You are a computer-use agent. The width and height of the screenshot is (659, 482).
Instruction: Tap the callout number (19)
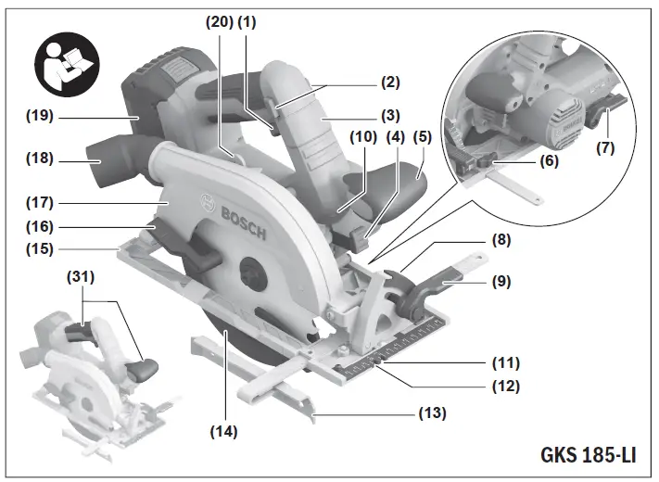41,117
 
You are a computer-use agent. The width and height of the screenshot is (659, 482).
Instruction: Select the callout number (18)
41,159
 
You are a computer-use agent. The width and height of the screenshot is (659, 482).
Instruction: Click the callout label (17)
41,202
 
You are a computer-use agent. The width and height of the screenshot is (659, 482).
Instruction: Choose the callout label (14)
222,431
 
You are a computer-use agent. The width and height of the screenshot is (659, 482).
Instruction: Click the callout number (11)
505,362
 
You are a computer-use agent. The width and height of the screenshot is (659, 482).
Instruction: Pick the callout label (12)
505,384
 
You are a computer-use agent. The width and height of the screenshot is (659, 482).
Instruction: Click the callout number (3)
389,116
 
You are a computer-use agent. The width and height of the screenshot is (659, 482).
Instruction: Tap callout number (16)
41,226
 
